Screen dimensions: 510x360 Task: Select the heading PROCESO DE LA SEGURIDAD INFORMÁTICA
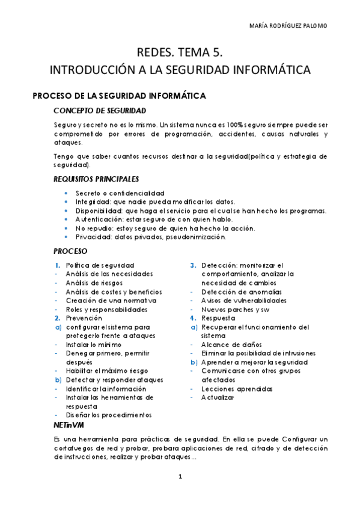pyautogui.click(x=119, y=96)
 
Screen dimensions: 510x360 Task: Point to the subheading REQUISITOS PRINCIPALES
pyautogui.click(x=96, y=179)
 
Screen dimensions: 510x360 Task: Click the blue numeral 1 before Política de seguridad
pyautogui.click(x=56, y=265)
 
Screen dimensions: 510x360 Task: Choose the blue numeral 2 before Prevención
pyautogui.click(x=57, y=318)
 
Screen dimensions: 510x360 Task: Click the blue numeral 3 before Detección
pyautogui.click(x=193, y=265)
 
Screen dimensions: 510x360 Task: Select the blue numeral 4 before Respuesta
pyautogui.click(x=193, y=318)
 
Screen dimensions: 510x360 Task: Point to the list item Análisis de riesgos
pyautogui.click(x=94, y=282)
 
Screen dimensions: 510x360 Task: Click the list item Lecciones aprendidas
pyautogui.click(x=228, y=389)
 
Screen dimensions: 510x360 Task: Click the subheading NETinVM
pyautogui.click(x=67, y=425)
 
